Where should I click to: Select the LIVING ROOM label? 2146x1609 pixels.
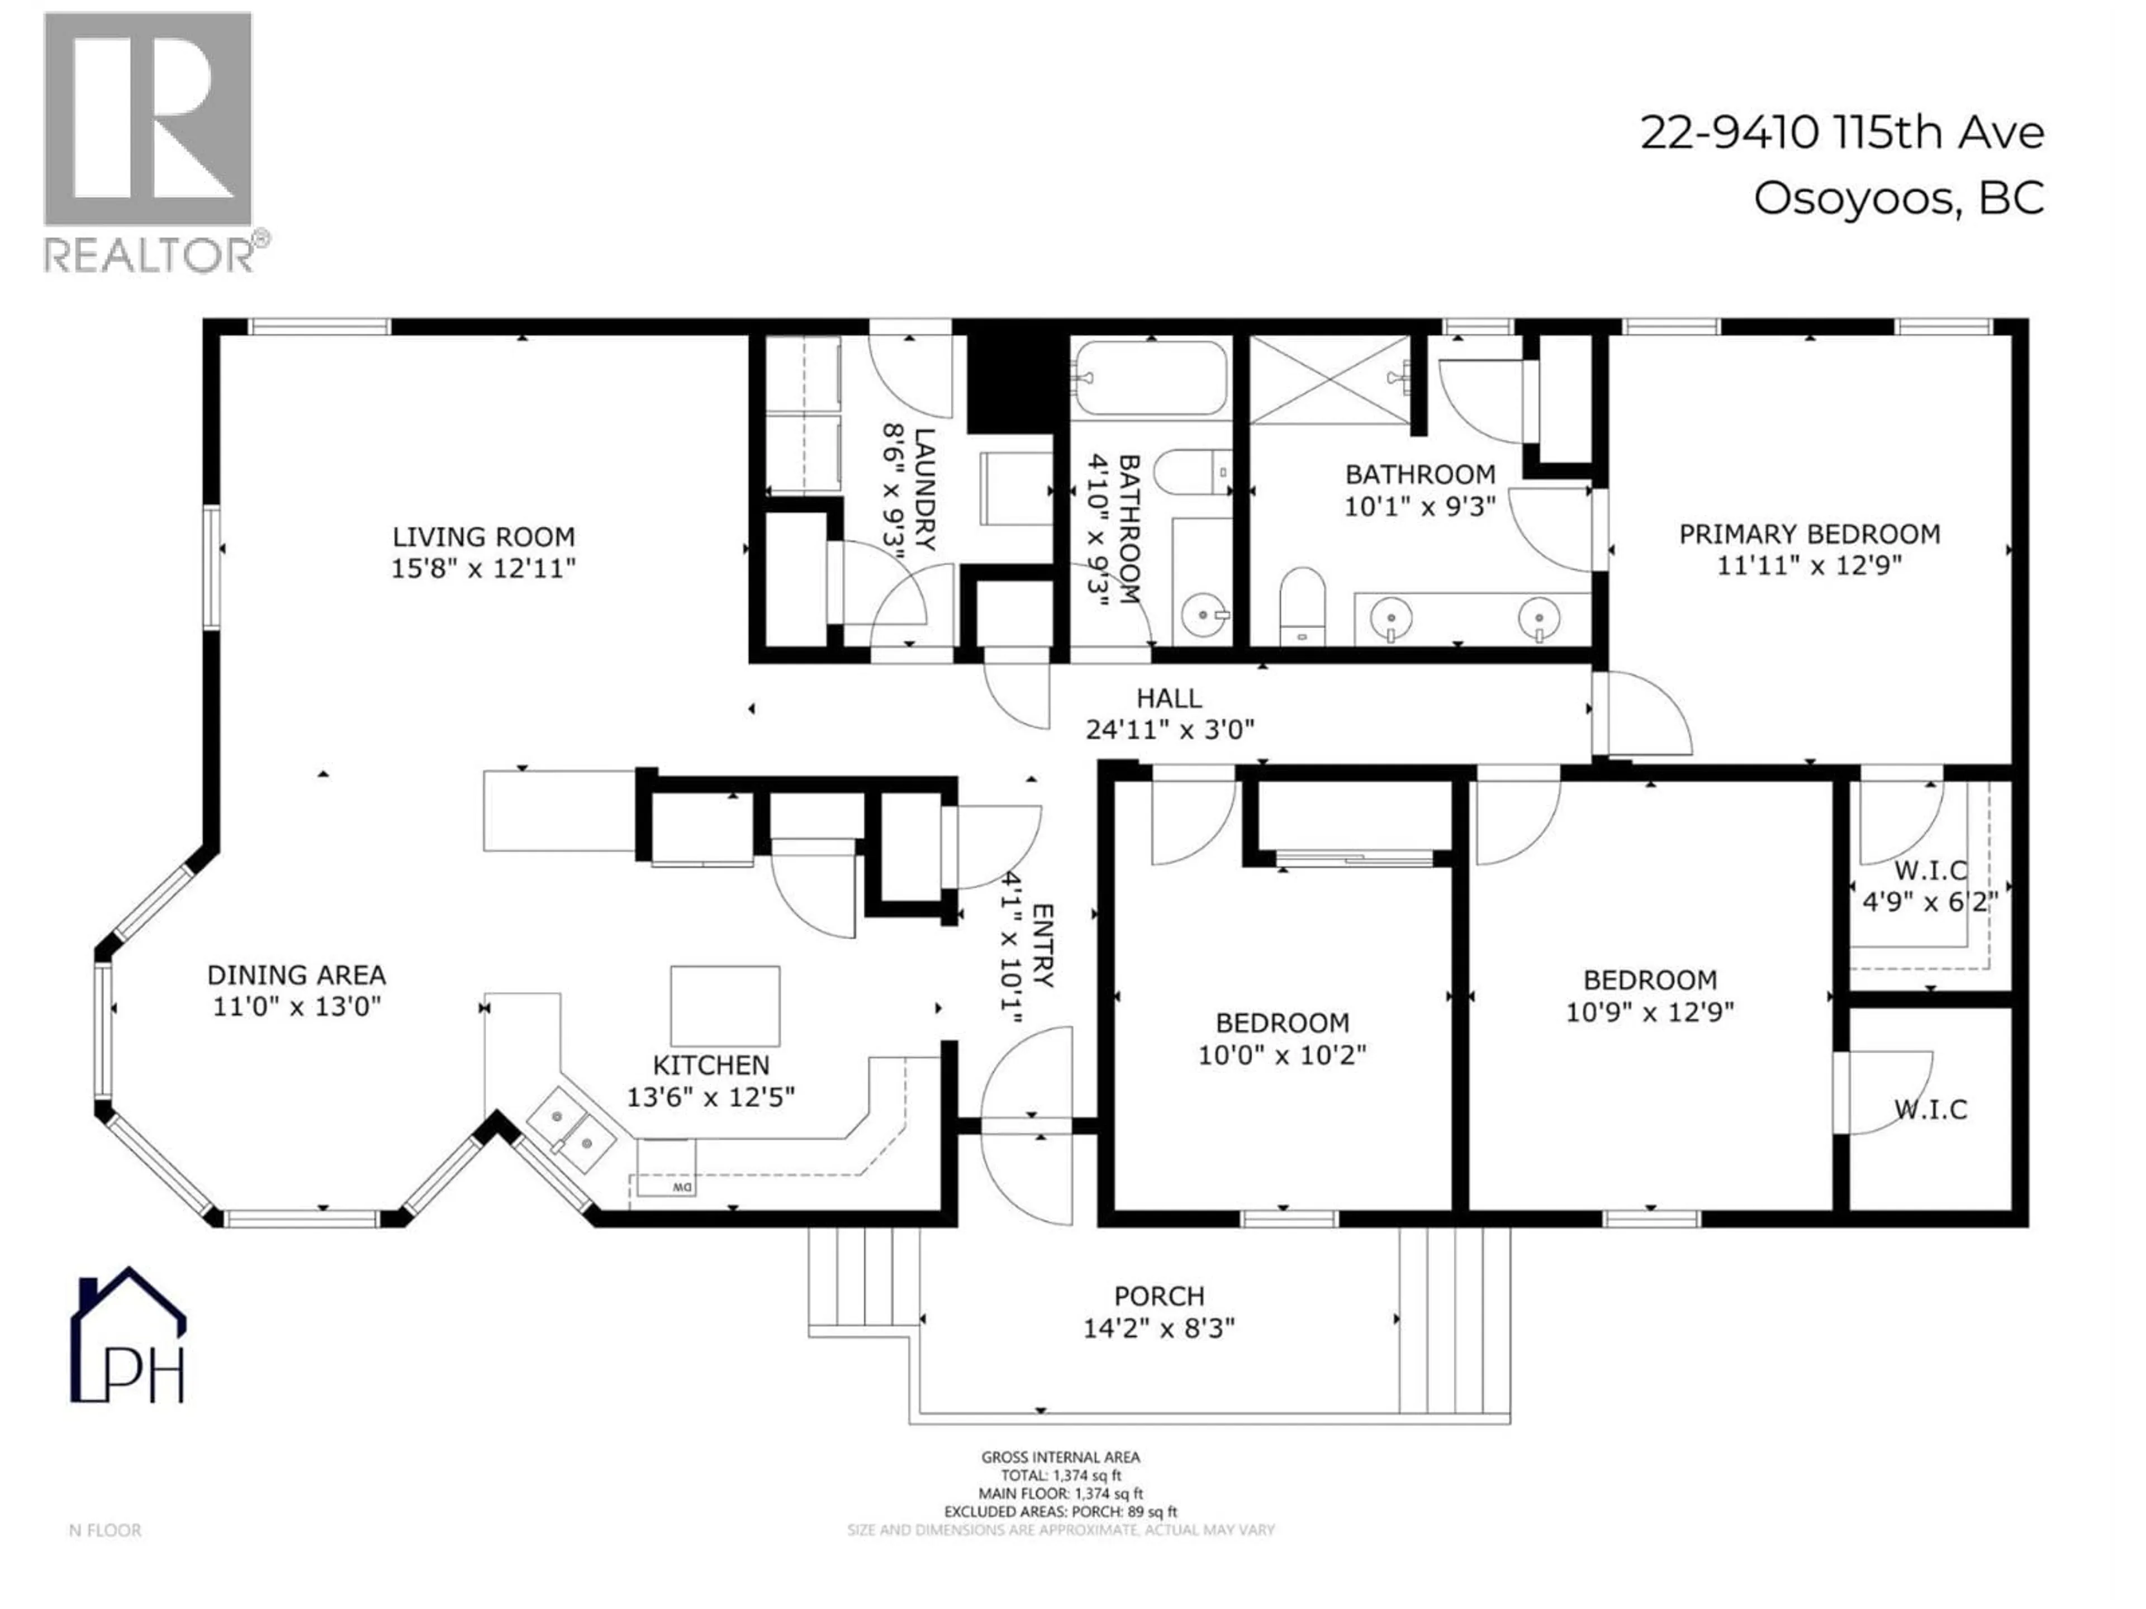[x=483, y=536]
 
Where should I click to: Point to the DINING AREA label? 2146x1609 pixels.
[x=296, y=975]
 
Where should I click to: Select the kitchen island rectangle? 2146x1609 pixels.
[x=725, y=1006]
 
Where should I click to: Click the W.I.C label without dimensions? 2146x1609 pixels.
[x=1931, y=1110]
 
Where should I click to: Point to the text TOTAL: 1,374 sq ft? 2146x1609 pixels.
[x=1060, y=1475]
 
